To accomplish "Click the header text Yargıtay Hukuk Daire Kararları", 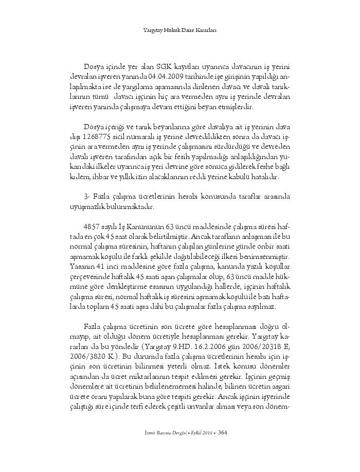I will click(x=179, y=30).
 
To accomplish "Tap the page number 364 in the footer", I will click(x=223, y=432).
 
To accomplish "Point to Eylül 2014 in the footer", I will click(x=198, y=432).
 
